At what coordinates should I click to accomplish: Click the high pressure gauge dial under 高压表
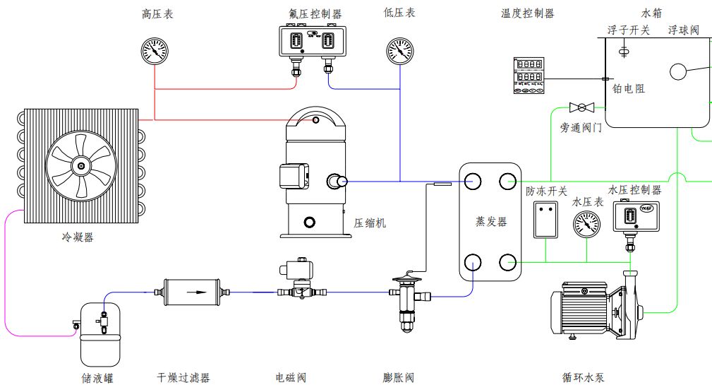pyautogui.click(x=155, y=51)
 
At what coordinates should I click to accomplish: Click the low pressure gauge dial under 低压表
pyautogui.click(x=400, y=51)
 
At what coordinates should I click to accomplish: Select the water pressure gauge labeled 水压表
pyautogui.click(x=587, y=225)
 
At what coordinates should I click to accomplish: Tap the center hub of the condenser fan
pyautogui.click(x=81, y=167)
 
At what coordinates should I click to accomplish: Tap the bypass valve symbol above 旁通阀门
pyautogui.click(x=581, y=107)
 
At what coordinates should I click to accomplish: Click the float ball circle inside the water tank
pyautogui.click(x=679, y=72)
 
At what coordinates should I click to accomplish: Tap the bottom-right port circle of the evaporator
pyautogui.click(x=508, y=263)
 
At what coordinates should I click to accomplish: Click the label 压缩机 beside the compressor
pyautogui.click(x=370, y=223)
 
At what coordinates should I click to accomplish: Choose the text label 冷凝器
pyautogui.click(x=78, y=237)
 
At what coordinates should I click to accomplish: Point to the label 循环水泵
pyautogui.click(x=584, y=378)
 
